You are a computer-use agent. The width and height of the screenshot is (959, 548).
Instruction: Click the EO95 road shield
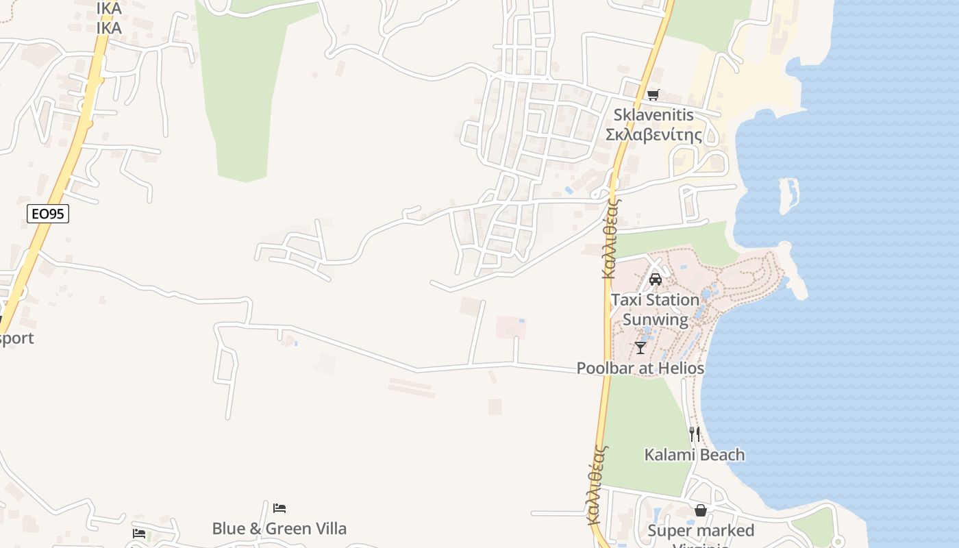click(x=48, y=214)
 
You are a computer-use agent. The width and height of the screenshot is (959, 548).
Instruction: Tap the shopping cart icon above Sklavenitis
click(x=653, y=95)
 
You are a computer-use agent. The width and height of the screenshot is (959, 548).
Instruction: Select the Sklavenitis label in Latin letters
click(x=653, y=114)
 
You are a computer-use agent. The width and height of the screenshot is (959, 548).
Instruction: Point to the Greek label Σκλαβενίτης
click(x=653, y=134)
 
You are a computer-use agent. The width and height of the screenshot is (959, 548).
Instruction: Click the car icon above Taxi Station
click(x=655, y=279)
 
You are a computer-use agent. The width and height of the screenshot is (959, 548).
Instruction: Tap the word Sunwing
click(x=655, y=319)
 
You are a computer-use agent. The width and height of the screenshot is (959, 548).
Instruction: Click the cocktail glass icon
click(x=640, y=348)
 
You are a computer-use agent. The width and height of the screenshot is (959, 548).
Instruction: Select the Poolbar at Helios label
click(x=640, y=368)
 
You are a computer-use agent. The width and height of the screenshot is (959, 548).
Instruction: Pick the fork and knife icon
click(x=694, y=434)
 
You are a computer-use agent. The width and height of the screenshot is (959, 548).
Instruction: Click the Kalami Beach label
click(x=694, y=454)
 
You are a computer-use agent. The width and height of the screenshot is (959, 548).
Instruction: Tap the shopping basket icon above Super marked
click(x=700, y=510)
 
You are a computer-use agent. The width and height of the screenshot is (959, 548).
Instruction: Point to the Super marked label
click(x=700, y=530)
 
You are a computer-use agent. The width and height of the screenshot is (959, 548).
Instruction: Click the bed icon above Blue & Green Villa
click(x=279, y=508)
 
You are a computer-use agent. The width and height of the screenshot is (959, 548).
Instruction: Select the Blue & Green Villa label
click(x=279, y=528)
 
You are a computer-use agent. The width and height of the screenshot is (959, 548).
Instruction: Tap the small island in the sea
click(x=790, y=195)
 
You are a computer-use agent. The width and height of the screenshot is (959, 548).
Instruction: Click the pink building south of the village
click(x=510, y=327)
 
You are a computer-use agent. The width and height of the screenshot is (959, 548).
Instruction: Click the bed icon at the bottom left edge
click(x=139, y=533)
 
